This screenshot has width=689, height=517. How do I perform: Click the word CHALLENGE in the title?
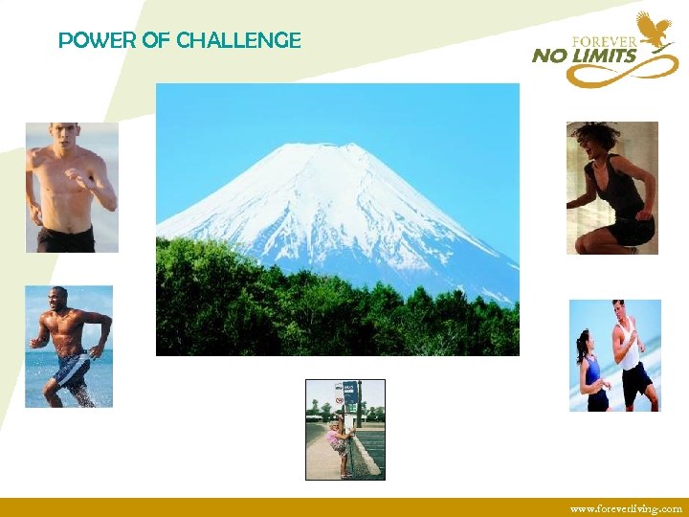click(239, 40)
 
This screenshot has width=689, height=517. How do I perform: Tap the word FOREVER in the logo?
click(604, 41)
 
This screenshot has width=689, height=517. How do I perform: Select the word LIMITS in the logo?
click(604, 56)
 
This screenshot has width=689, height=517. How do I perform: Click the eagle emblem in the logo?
click(656, 28)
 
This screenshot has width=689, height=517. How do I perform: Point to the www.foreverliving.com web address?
click(626, 508)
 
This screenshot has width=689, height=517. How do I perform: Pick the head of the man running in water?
click(60, 296)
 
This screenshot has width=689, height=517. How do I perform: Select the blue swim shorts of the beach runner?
click(73, 368)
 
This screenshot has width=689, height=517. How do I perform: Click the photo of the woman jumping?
click(611, 188)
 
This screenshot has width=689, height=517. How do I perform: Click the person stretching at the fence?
click(339, 439)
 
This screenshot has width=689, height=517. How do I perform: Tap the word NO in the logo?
click(549, 56)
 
